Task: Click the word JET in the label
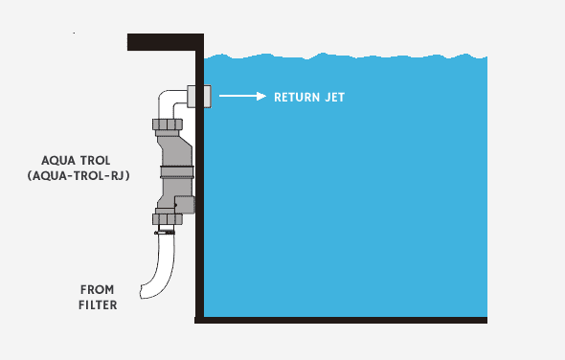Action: (x=332, y=97)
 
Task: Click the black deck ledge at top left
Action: (x=163, y=42)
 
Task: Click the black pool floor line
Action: (x=345, y=320)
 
